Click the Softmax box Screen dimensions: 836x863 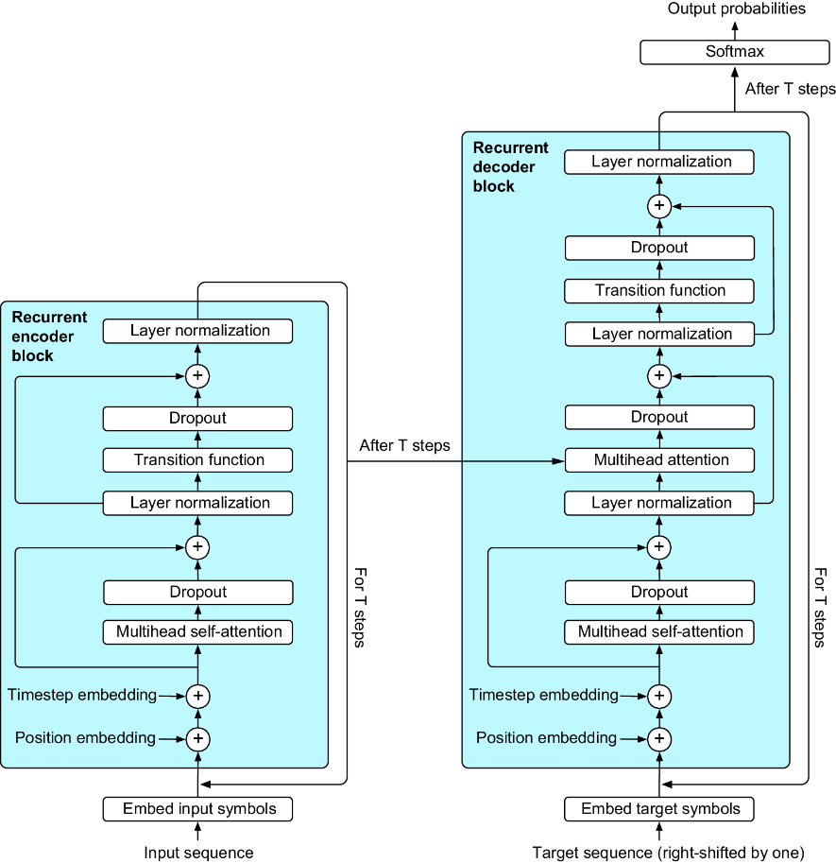734,52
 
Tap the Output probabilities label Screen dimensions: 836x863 736,9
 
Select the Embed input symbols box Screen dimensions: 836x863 197,809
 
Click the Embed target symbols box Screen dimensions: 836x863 659,809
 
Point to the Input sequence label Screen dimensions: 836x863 198,853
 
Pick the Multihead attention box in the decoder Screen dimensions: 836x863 659,460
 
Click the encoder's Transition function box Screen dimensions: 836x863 197,460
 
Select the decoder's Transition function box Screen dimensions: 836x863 659,290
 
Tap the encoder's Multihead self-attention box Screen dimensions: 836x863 197,631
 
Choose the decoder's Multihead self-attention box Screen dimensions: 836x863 659,631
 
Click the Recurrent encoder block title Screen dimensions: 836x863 49,337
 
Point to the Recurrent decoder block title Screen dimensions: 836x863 510,166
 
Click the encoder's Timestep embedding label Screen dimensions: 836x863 82,695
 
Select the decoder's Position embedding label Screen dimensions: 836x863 546,737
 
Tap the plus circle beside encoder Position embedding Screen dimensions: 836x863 198,738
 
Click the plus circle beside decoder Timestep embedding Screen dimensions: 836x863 659,696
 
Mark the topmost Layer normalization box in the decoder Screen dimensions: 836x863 659,163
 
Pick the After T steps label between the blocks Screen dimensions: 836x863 404,445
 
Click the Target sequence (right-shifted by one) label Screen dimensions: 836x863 668,853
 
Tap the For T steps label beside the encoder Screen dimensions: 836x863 360,608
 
